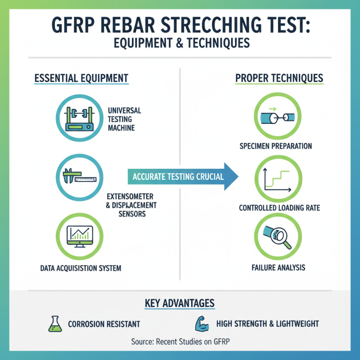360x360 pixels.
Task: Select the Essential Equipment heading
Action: tap(81, 78)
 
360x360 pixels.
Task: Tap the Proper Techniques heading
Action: tap(279, 78)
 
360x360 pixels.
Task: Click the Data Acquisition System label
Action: tap(81, 268)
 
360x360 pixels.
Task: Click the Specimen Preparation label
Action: tap(275, 146)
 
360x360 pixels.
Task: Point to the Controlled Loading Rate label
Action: tap(279, 208)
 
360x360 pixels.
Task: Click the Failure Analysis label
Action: tap(278, 268)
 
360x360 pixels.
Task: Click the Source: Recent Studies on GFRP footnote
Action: tap(180, 342)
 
